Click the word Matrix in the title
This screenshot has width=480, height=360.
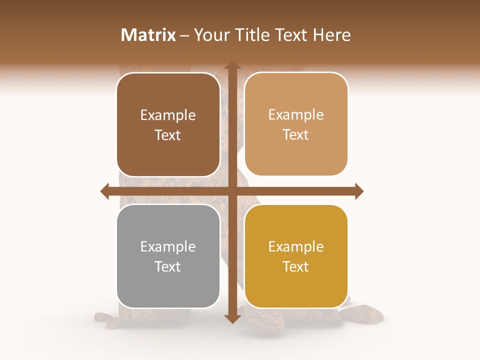(148, 35)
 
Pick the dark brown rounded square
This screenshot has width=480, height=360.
(168, 124)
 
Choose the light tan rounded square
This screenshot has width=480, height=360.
(296, 124)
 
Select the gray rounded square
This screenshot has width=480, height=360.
(168, 256)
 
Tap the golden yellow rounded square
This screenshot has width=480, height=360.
(296, 256)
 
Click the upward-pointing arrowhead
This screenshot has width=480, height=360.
(232, 65)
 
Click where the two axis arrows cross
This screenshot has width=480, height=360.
(232, 191)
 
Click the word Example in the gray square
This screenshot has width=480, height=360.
(168, 246)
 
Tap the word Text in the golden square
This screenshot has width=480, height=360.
(296, 266)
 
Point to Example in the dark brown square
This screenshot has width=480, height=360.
(168, 115)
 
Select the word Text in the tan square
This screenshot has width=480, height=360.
(296, 134)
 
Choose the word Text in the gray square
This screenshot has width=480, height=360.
(168, 266)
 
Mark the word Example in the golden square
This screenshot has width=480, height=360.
(296, 246)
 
